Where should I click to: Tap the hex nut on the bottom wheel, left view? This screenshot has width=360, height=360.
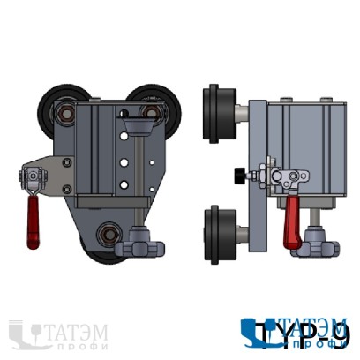(x=109, y=234)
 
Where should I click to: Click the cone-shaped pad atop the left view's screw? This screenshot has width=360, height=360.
(x=138, y=130)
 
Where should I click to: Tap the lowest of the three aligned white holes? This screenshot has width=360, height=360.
(x=124, y=184)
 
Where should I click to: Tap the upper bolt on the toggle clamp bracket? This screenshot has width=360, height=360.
(x=68, y=161)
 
